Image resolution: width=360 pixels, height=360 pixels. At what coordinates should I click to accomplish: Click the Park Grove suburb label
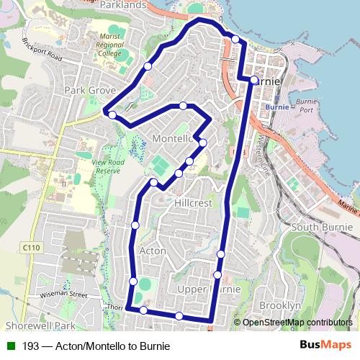90,91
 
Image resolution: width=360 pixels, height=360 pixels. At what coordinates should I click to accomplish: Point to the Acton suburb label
152,251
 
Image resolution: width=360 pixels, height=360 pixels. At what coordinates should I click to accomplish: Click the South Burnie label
320,228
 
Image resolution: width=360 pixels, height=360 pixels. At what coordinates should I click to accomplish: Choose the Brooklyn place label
279,305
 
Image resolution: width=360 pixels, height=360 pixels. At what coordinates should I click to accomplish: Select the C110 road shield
30,247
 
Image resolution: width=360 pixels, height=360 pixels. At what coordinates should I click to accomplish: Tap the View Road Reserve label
109,166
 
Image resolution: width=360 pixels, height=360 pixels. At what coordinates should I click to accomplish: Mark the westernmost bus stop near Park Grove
112,114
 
